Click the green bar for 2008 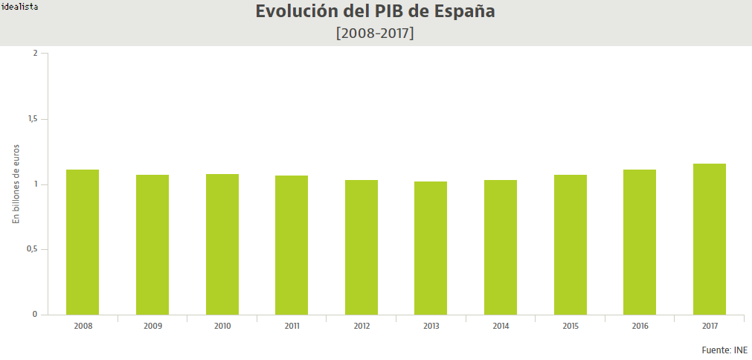tap(83, 242)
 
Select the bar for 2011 tap(292, 245)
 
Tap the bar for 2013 tap(431, 248)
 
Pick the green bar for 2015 tap(571, 245)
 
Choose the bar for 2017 tap(710, 239)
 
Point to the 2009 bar tap(152, 245)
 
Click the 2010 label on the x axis tap(222, 326)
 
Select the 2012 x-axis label tap(361, 326)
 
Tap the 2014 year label tap(501, 326)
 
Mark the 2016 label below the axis tap(640, 326)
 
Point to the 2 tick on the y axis tap(35, 54)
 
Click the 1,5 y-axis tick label tap(32, 119)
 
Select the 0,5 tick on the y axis tap(32, 249)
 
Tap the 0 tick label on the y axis tap(35, 315)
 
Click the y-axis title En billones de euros tap(16, 184)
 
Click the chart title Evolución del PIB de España tap(376, 13)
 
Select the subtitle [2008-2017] tap(376, 33)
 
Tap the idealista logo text tap(20, 6)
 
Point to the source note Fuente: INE tap(724, 350)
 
